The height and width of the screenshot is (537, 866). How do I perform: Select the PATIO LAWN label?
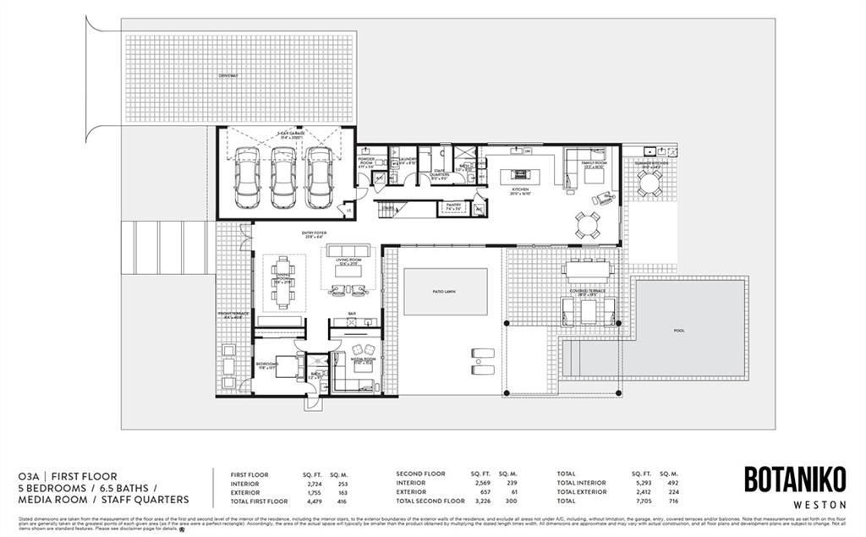(x=445, y=291)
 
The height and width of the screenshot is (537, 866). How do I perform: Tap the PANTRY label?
(x=454, y=207)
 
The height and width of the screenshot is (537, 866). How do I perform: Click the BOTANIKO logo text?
(x=794, y=479)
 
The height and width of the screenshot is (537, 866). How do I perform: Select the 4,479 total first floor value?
(x=310, y=501)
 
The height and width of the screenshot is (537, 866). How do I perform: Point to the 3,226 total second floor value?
(x=480, y=501)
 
